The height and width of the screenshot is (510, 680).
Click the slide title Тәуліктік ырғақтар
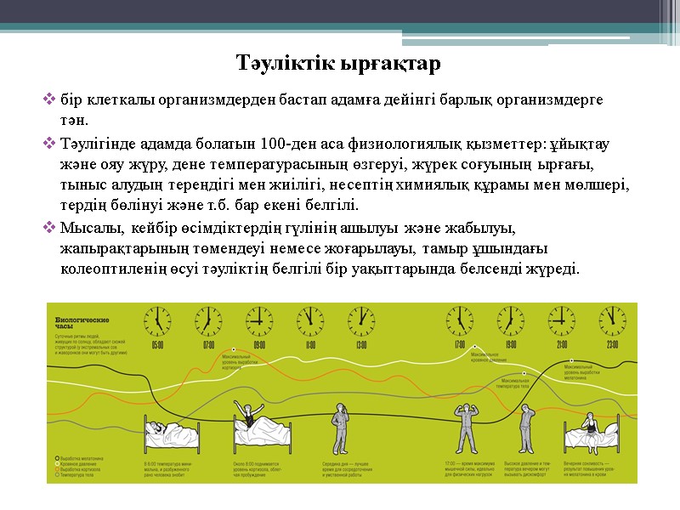[x=339, y=64]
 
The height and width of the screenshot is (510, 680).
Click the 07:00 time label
[x=208, y=345]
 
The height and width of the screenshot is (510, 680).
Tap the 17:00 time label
[x=460, y=345]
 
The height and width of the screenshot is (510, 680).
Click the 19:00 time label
[x=511, y=345]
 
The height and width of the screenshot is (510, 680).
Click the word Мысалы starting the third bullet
[x=88, y=228]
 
